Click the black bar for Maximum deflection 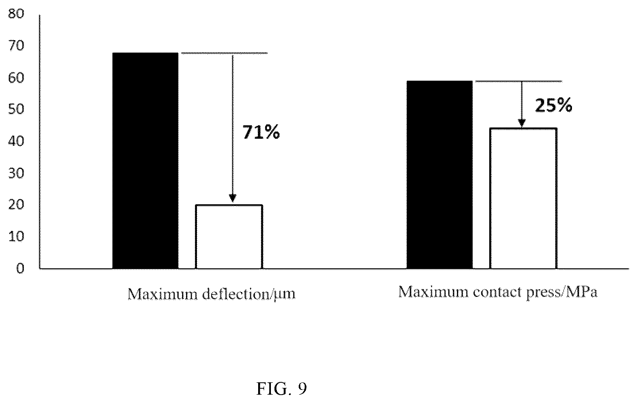coord(146,161)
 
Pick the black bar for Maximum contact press coord(440,175)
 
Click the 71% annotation coord(261,132)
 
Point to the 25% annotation coord(553,105)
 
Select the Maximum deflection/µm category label coord(211,294)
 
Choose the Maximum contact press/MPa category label coord(498,292)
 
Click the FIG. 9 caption coord(281,389)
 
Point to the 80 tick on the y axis coord(16,14)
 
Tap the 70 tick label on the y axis coord(16,46)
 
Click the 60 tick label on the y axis coord(16,77)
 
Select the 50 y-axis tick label coord(16,109)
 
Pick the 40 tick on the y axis coord(16,141)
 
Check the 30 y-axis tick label coord(16,173)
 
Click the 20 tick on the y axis coord(16,205)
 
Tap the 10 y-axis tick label coord(16,236)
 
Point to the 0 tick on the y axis coord(20,268)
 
